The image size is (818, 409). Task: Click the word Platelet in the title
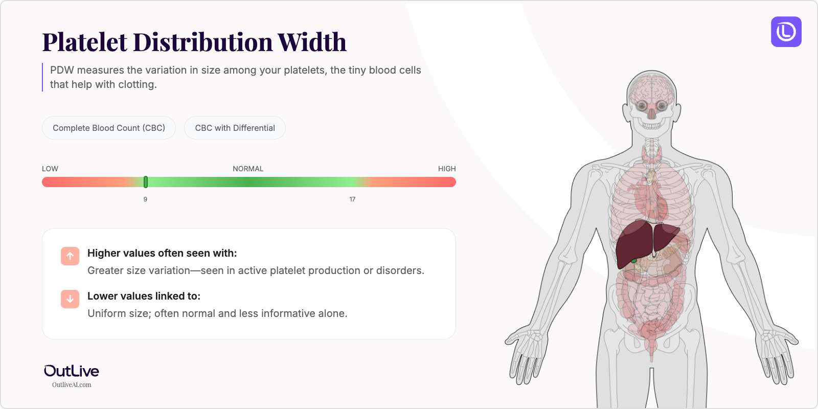tap(85, 42)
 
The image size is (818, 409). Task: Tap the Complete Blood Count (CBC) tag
tap(109, 128)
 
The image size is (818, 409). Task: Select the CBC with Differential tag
tap(235, 128)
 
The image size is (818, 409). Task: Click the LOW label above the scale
tap(50, 169)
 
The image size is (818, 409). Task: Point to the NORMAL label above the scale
tap(248, 169)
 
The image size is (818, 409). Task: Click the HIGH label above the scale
tap(446, 169)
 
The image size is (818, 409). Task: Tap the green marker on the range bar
tap(146, 182)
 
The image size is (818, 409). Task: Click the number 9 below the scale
tap(145, 199)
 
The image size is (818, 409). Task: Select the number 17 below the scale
tap(352, 199)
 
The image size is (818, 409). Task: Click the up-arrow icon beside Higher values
tap(70, 256)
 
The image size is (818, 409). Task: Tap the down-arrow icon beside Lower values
tap(70, 299)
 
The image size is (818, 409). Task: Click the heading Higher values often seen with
tap(162, 253)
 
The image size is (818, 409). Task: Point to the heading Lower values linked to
tap(144, 296)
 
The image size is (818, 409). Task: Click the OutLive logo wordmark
tap(72, 371)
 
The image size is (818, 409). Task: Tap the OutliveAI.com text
tap(72, 385)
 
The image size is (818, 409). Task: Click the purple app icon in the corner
tap(786, 32)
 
